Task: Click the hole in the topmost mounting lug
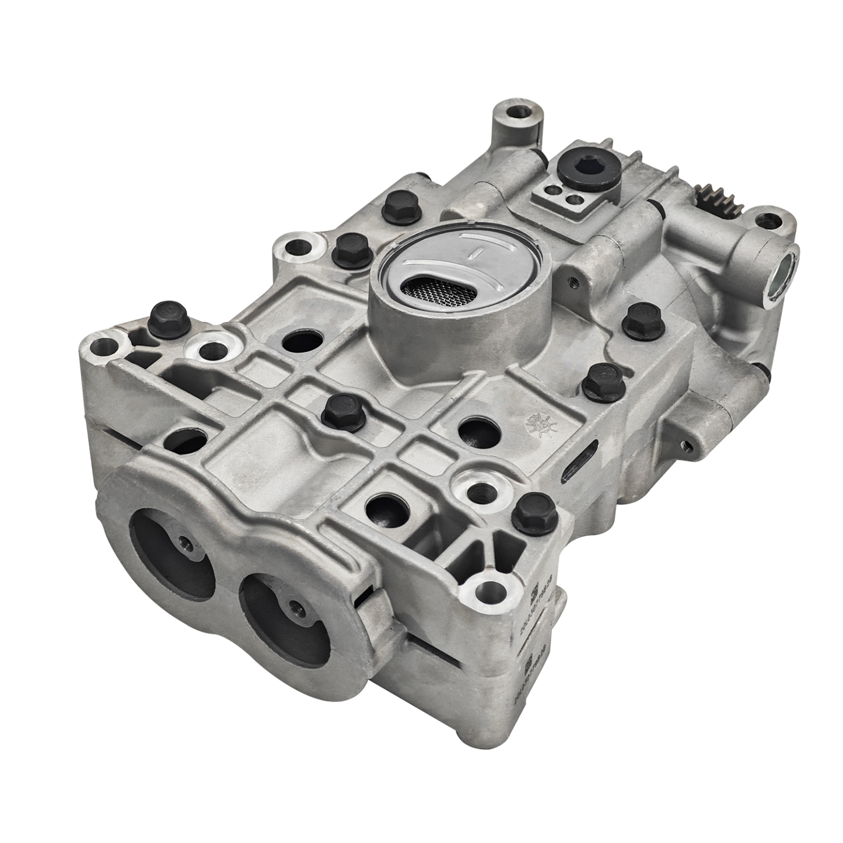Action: tap(515, 112)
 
